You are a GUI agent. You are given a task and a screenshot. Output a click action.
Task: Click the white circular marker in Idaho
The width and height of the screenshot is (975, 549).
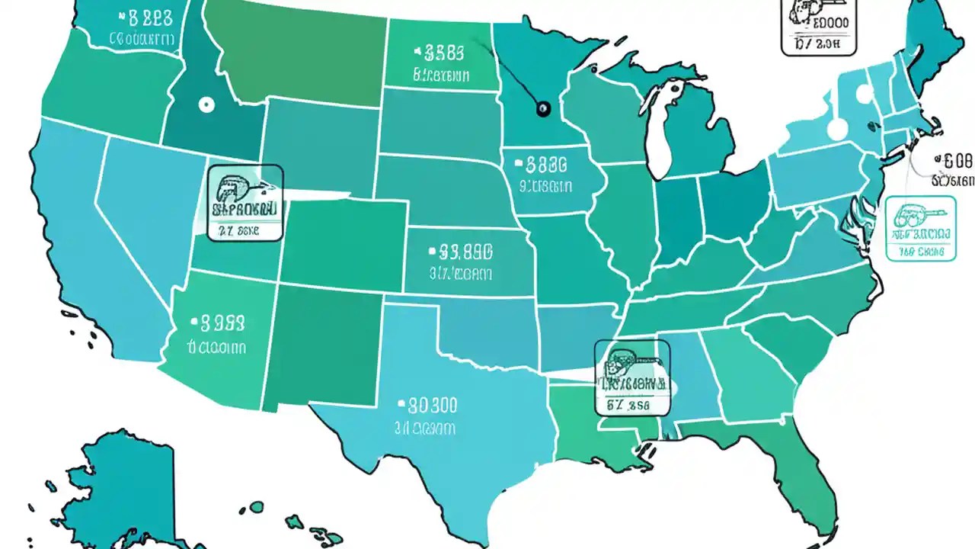204,105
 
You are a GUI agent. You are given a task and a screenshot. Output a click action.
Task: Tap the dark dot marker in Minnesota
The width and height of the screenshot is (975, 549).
542,110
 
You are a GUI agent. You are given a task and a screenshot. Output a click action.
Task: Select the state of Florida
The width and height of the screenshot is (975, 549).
800,473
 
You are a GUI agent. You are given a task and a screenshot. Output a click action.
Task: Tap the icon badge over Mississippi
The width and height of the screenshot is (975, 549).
632,378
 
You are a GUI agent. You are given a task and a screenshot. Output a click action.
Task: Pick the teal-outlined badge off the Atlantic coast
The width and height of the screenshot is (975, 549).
921,228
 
